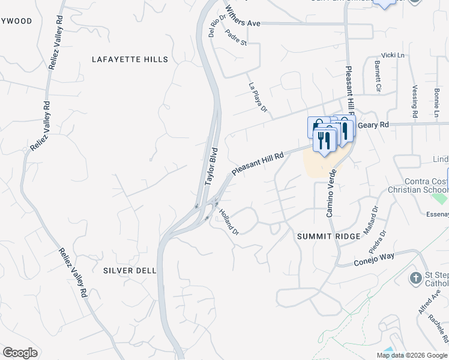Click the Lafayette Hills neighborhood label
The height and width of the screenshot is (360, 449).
point(130,59)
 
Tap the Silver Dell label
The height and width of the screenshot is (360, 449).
point(130,271)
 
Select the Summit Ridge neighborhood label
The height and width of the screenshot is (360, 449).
point(329,236)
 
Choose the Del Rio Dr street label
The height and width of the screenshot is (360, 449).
point(217,26)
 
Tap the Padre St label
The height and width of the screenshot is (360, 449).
point(237,38)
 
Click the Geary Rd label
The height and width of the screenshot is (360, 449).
point(373,125)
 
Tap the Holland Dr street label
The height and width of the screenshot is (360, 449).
point(229,221)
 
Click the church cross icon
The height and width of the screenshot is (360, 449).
point(415,278)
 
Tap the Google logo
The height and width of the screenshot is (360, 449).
point(20,353)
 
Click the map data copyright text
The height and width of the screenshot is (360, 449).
point(412,355)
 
